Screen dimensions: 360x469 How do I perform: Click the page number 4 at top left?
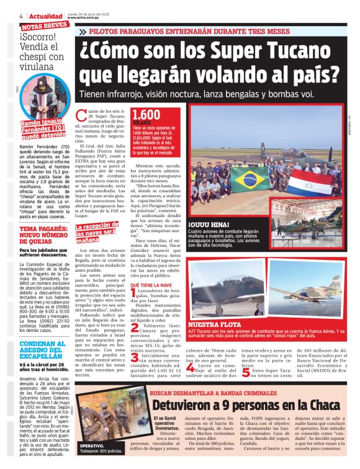pyautogui.click(x=21, y=16)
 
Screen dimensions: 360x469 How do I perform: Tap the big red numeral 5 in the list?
pyautogui.click(x=246, y=372)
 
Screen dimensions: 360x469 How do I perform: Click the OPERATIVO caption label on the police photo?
pyautogui.click(x=92, y=445)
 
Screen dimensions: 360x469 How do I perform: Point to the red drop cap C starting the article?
pyautogui.click(x=96, y=114)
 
